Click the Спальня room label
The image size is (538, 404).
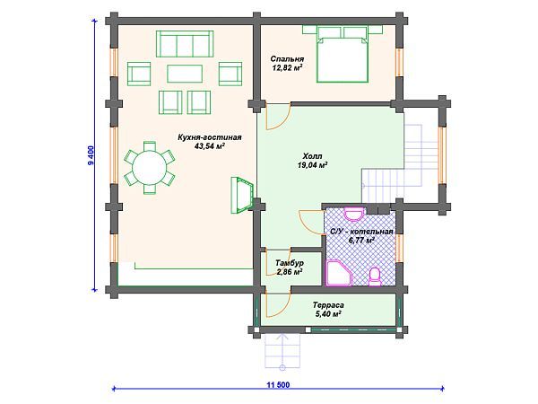point(287,58)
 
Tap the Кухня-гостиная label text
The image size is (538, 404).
point(209,137)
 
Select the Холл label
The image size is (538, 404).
point(313,156)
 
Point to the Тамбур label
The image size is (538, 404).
point(290,263)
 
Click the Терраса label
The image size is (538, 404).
point(328,305)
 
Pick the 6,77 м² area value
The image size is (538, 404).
point(361,240)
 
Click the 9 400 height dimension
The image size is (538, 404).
point(91,155)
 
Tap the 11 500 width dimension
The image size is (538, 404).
point(278,385)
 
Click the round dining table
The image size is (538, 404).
point(150,168)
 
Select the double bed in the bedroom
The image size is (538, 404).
point(343,54)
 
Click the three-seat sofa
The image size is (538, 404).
point(185,44)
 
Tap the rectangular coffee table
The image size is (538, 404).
point(185,74)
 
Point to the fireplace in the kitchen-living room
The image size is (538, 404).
point(243,195)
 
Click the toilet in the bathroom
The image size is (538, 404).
point(375,277)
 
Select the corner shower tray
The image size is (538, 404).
point(339,274)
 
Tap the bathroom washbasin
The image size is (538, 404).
point(354,214)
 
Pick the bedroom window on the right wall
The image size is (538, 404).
point(399,63)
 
